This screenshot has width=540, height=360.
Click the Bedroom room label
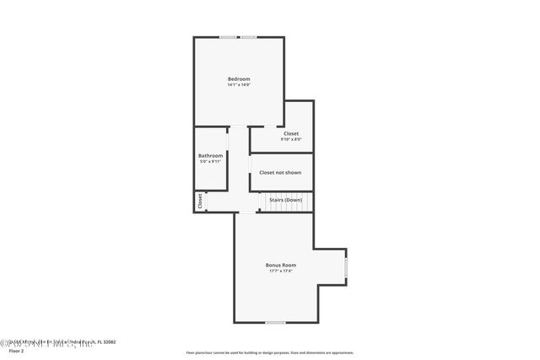coord(239,79)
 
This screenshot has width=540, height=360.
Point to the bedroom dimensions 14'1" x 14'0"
coord(239,85)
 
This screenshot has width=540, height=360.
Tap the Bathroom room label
coord(210,155)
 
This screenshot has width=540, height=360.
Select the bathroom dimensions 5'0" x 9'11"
coord(210,161)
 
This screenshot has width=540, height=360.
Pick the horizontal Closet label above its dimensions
coord(290,133)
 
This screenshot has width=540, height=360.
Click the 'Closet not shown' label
coord(280,172)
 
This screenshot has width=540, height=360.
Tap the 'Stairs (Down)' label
coord(285,200)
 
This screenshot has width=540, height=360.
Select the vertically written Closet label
coord(200,201)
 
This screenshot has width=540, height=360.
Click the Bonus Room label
coord(281,265)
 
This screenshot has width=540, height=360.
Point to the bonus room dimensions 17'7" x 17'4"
coord(281,271)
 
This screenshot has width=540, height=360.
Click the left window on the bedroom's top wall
coord(228,37)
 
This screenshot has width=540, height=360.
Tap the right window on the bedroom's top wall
coord(248,37)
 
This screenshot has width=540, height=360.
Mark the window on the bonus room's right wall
coord(346,267)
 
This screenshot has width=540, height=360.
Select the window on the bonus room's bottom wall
coord(274,322)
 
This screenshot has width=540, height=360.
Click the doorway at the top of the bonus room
coord(246,212)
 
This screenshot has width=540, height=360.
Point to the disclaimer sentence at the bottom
coord(270,352)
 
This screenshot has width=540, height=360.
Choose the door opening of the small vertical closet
coord(207,201)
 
